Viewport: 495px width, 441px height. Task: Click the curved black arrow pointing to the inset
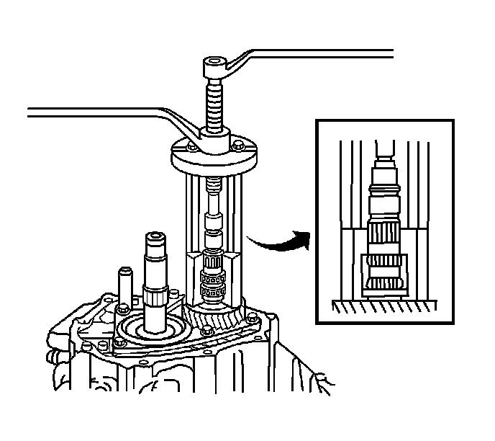(x=277, y=242)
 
